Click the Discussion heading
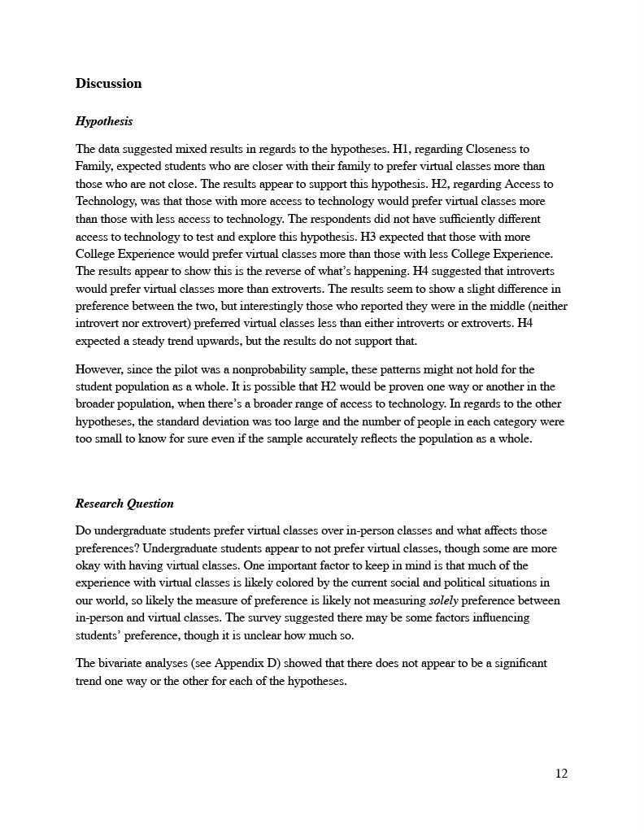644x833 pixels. (x=108, y=83)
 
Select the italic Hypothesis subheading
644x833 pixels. (x=104, y=121)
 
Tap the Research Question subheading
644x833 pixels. (x=124, y=504)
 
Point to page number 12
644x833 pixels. (x=561, y=773)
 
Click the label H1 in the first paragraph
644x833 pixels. (x=402, y=149)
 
